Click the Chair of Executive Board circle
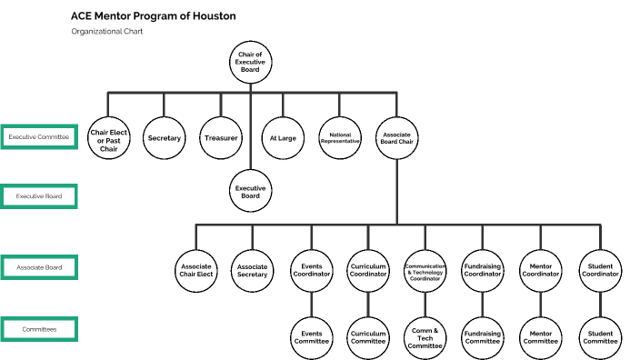tap(250, 61)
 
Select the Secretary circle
tap(165, 138)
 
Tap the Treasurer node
tap(221, 138)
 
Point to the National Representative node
tap(340, 138)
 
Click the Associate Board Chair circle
tap(396, 138)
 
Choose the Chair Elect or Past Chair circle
tap(108, 138)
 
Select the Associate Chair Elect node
tap(195, 269)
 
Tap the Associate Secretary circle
tap(252, 269)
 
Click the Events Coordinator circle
tap(312, 269)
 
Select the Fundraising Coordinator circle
tap(483, 269)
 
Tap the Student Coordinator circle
tap(599, 269)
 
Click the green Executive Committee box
tap(38, 137)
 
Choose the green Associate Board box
tap(38, 267)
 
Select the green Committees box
tap(38, 329)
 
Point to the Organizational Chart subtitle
tap(106, 32)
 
